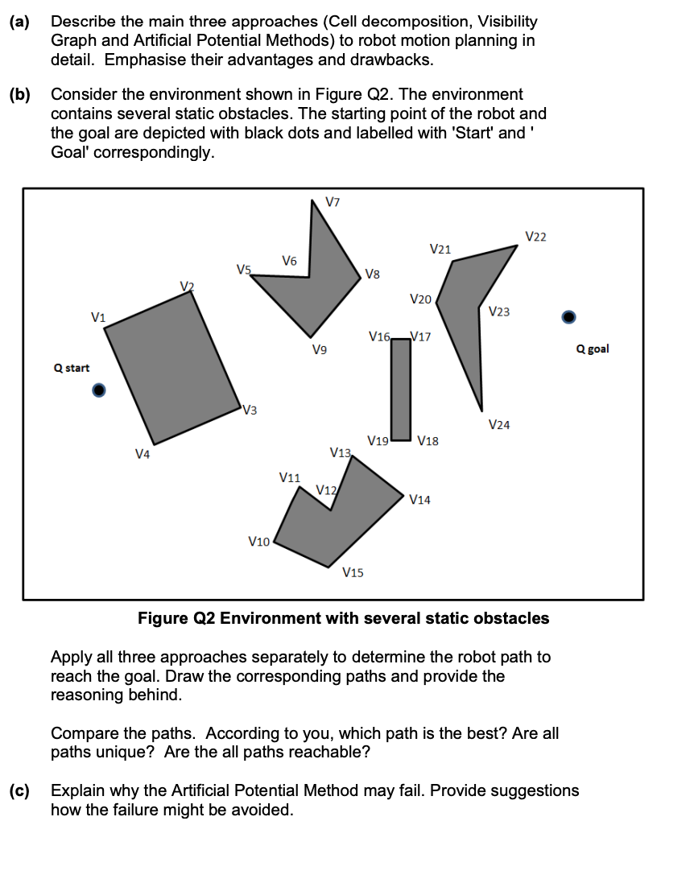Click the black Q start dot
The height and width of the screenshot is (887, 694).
tap(98, 390)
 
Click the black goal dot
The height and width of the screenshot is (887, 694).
tap(568, 316)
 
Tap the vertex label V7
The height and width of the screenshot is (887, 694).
tap(333, 200)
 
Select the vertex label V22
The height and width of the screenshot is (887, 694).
tap(535, 236)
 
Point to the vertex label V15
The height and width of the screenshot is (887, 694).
tap(352, 572)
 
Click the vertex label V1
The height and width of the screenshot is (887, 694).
tap(98, 316)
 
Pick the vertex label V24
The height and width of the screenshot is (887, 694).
tap(498, 424)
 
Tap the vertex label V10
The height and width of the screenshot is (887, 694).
tap(258, 542)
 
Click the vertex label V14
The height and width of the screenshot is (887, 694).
tap(419, 500)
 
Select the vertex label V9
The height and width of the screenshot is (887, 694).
tap(320, 350)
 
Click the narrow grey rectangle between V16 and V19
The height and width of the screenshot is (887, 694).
tap(401, 389)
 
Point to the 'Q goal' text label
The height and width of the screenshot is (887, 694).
tap(593, 349)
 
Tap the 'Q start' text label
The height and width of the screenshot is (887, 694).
tap(72, 368)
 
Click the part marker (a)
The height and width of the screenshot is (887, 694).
tap(19, 22)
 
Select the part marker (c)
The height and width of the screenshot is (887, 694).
tap(19, 790)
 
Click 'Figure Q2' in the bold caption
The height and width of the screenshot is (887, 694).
tap(177, 618)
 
